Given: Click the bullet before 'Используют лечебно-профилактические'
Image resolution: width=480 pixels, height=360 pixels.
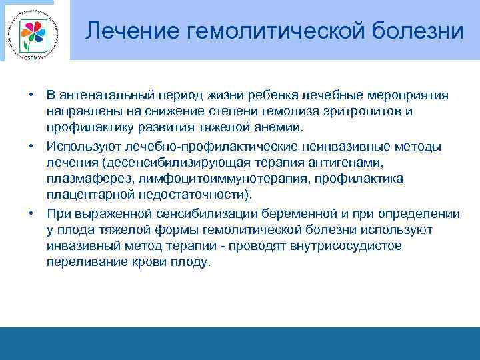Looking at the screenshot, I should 31,145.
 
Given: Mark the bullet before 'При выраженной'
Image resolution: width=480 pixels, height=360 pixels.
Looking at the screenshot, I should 31,213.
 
